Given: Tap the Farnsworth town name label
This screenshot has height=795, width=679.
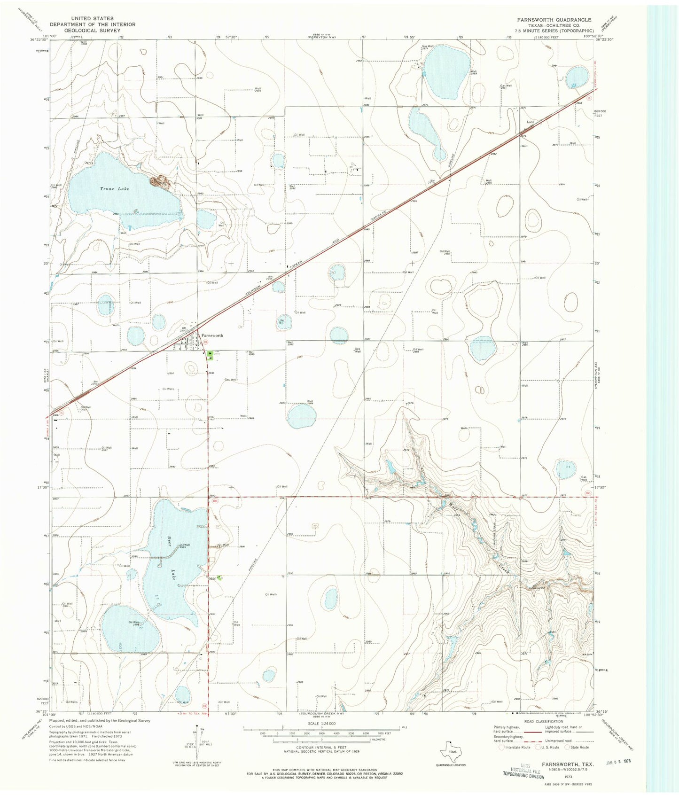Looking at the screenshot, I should tap(212, 335).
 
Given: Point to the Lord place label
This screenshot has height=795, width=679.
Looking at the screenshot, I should tap(530, 122).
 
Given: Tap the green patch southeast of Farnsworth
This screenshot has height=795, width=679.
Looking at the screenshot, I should tap(210, 356).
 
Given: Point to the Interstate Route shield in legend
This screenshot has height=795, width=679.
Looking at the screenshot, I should tap(502, 747).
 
